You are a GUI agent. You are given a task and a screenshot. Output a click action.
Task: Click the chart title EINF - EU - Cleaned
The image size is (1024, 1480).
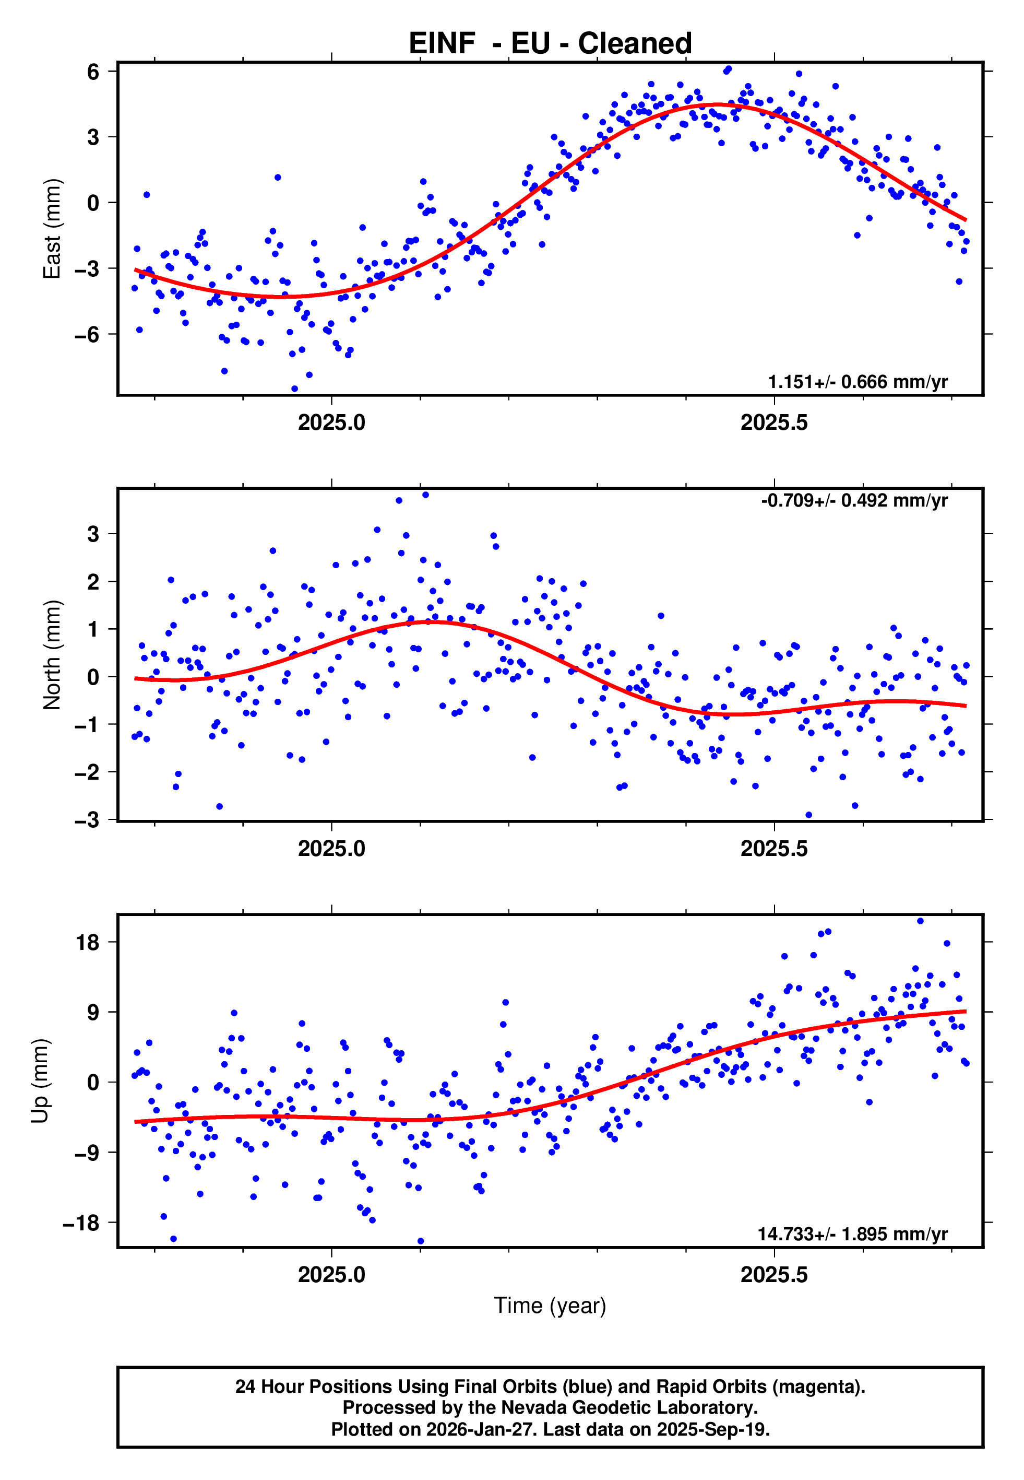tap(550, 44)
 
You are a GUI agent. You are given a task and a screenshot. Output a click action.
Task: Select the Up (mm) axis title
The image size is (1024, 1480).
tap(40, 1081)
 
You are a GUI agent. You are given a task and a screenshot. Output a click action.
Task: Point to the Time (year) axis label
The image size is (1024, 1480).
tap(550, 1306)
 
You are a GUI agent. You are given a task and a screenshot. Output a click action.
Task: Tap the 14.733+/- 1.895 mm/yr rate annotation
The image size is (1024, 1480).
tap(852, 1234)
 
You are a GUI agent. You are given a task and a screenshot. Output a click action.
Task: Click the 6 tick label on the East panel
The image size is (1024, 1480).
tap(93, 72)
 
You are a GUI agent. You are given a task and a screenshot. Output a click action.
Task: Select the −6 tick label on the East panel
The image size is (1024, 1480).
tap(87, 334)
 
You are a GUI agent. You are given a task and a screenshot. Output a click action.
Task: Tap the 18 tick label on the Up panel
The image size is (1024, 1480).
tap(88, 942)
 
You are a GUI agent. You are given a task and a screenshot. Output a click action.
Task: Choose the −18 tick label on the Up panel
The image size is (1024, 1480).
tap(81, 1223)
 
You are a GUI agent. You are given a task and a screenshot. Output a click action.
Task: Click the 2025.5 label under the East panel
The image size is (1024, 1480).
tap(774, 422)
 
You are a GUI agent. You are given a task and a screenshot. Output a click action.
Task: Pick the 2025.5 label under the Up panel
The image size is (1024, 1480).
tap(774, 1275)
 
